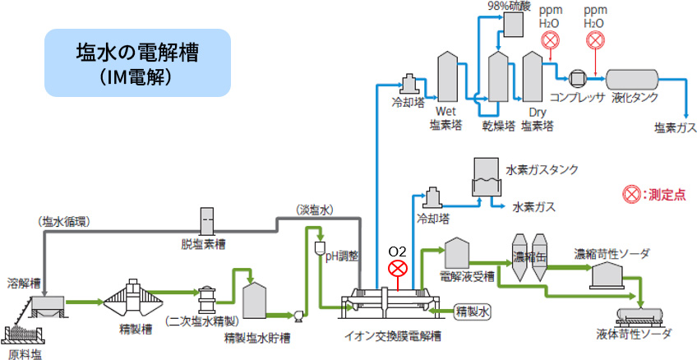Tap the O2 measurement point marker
(x=398, y=268)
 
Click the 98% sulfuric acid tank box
(x=516, y=25)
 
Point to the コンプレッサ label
(x=578, y=95)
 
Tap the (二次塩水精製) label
(x=201, y=320)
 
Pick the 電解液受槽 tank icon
(x=455, y=252)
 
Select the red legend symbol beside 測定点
(x=630, y=195)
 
